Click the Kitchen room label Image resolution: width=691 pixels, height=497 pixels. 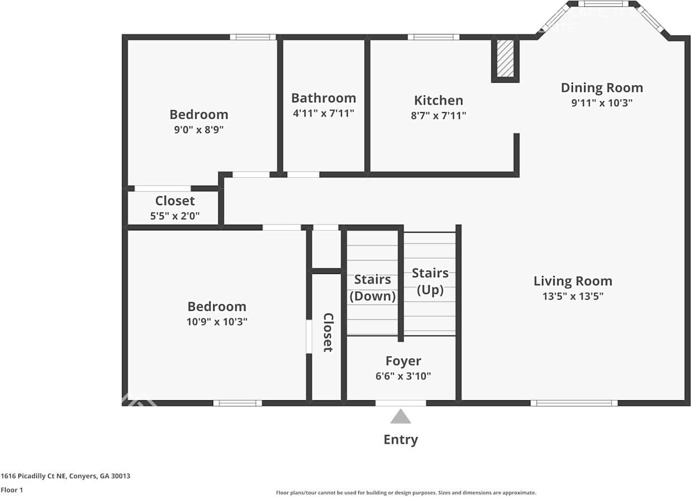[x=438, y=101]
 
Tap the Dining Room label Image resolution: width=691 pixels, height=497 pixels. [x=601, y=88]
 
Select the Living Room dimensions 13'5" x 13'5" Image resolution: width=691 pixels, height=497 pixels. [x=572, y=296]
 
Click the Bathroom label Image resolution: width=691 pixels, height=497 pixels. [x=323, y=98]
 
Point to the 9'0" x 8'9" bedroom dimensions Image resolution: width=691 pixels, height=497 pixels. [x=199, y=129]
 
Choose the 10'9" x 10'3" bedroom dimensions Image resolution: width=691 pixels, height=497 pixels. [x=217, y=321]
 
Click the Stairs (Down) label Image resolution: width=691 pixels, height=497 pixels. [x=373, y=287]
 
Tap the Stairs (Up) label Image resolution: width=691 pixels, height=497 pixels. [x=430, y=281]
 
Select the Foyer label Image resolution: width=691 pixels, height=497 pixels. [x=403, y=361]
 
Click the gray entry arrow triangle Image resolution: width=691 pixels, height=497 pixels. [x=400, y=417]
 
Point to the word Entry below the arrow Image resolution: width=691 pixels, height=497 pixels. [x=400, y=439]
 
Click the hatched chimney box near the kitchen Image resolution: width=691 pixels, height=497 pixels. [x=505, y=58]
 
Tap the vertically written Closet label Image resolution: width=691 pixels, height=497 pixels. [x=328, y=332]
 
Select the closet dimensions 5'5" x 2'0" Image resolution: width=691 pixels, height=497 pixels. [x=175, y=216]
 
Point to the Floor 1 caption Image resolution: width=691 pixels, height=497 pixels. [x=12, y=490]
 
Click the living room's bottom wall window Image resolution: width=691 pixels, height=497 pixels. [x=574, y=403]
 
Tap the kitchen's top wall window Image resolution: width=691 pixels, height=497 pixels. [x=433, y=37]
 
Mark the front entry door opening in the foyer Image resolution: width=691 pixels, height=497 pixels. [x=400, y=403]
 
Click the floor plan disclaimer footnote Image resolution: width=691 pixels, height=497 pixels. [x=406, y=493]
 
